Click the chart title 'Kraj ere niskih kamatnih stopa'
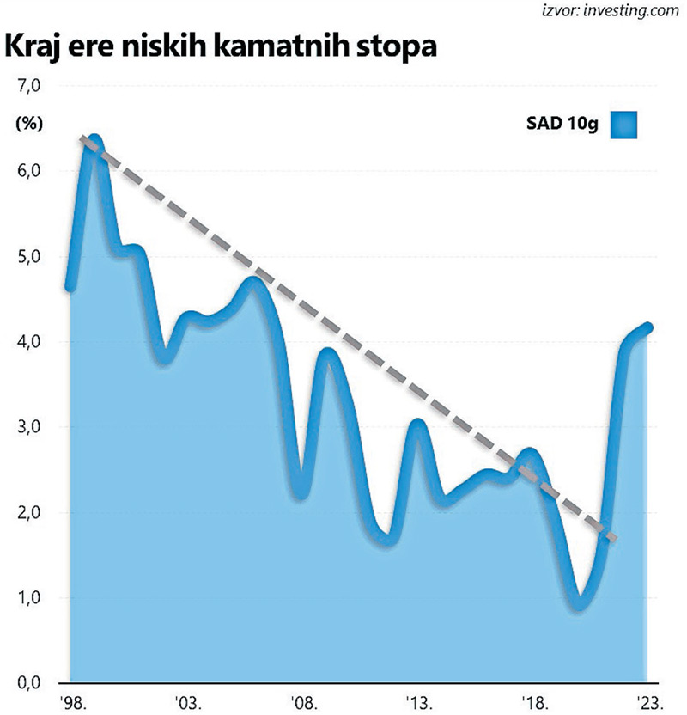[222, 47]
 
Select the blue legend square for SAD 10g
[625, 125]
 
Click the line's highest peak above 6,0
[94, 139]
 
